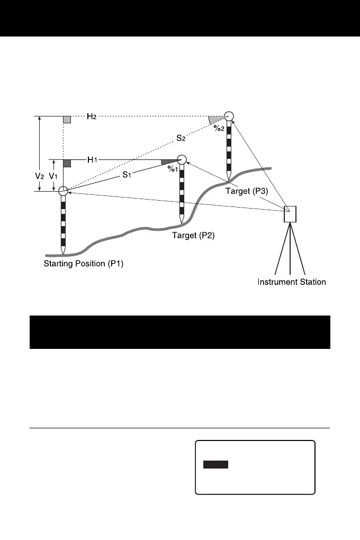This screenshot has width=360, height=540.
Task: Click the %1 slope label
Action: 172,169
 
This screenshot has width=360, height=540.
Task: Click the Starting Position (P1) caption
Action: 83,264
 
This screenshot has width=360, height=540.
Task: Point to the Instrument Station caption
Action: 292,282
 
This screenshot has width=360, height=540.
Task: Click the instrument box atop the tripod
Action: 291,214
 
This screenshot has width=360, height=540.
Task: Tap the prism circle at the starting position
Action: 63,192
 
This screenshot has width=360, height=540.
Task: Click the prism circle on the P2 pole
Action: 182,159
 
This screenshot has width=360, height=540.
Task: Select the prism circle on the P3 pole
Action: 229,116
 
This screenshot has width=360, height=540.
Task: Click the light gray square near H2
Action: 67,120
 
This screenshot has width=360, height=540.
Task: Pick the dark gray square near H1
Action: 67,163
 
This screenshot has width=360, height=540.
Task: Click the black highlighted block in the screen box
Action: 216,464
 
